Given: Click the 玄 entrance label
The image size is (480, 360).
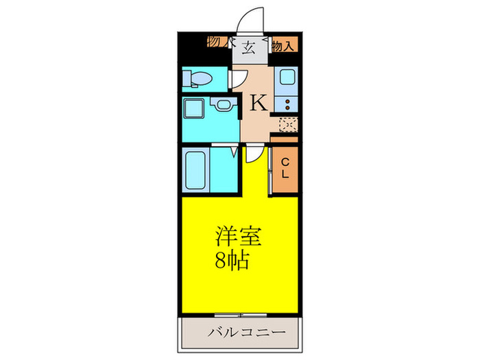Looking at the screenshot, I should coord(248,47).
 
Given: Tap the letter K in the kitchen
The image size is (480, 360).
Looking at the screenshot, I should coord(258,103).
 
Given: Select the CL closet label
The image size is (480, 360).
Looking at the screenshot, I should coord(285,168).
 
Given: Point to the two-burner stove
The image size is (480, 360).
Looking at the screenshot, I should coord(286,105).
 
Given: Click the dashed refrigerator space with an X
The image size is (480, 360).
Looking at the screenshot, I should coord(287,124).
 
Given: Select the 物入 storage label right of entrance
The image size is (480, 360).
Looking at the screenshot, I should coord(284,47).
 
